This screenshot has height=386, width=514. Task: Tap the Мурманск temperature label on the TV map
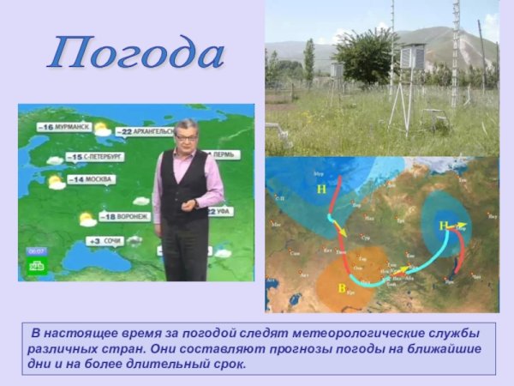click(x=64, y=127)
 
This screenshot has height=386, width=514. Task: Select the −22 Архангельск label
click(x=148, y=131)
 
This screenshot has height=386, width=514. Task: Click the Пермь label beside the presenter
click(x=222, y=155)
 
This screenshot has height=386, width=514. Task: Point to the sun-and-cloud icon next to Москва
click(x=57, y=182)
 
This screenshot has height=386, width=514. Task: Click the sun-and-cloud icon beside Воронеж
click(x=87, y=219)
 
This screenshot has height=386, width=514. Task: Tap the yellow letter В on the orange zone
click(x=342, y=288)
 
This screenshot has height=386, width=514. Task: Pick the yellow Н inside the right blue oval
click(x=444, y=226)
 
